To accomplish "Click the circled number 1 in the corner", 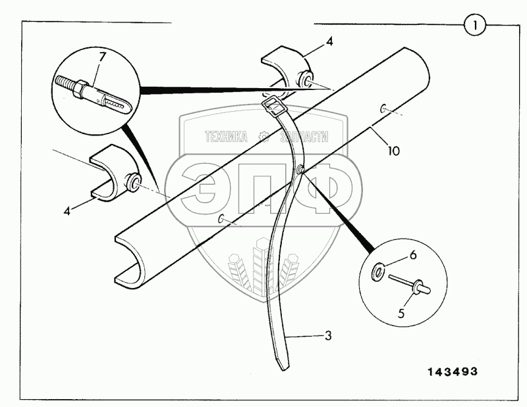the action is coord(475,26).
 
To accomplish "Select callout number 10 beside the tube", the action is coord(393,151).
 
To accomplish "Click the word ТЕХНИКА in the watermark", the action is coord(225,137).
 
